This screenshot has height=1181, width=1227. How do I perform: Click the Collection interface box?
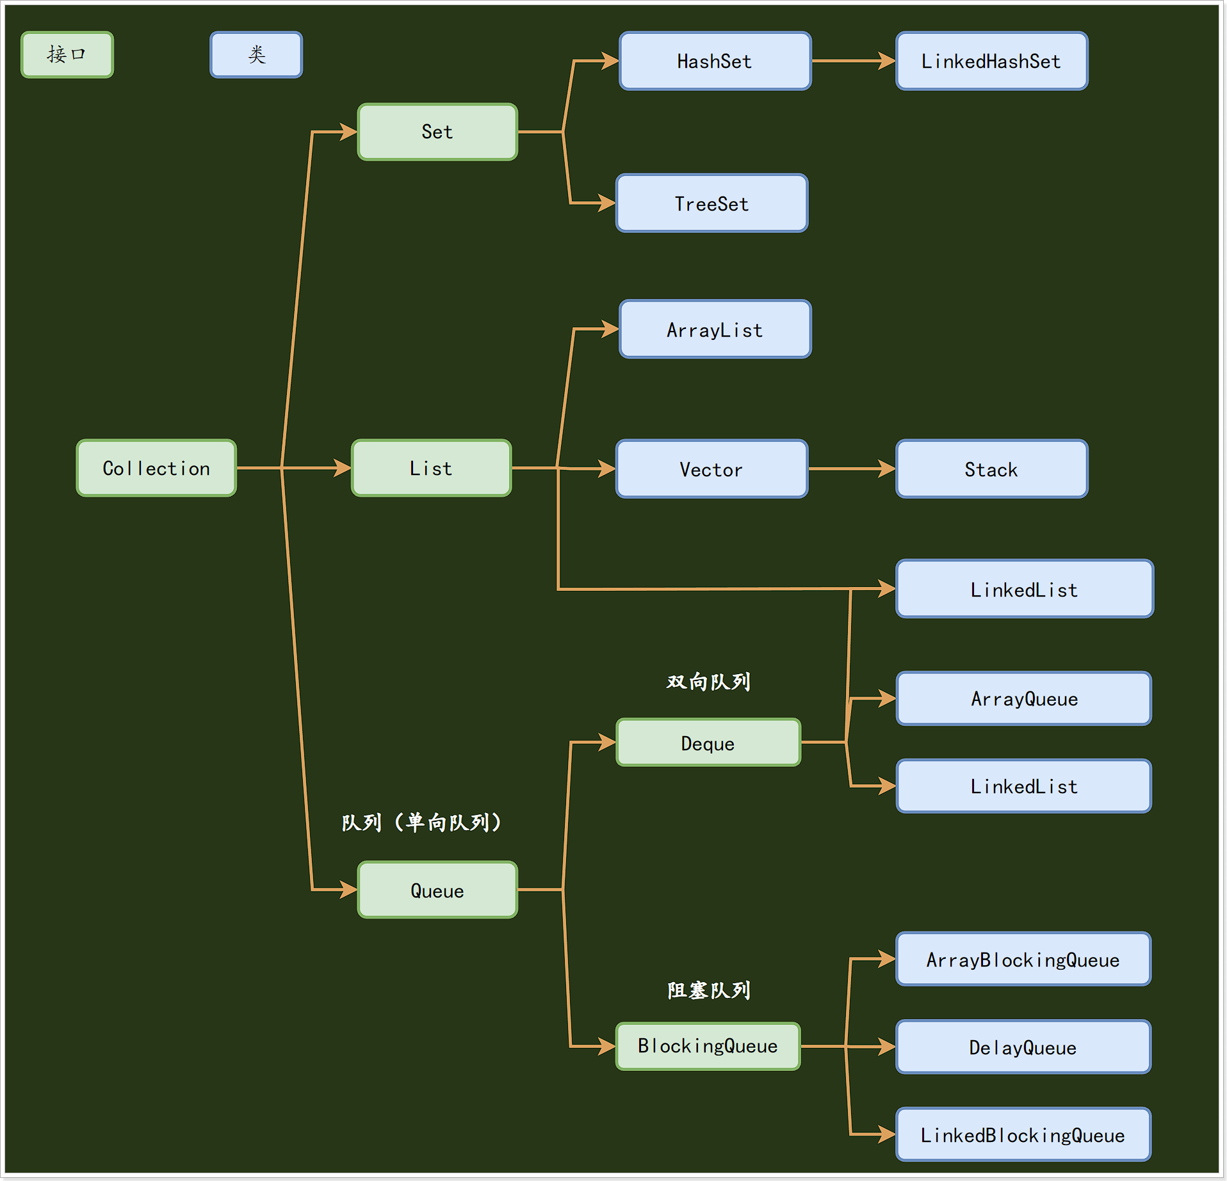pos(156,468)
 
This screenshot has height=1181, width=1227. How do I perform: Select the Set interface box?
pos(437,132)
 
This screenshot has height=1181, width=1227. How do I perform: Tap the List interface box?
pos(431,468)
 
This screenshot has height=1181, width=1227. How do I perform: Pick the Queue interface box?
pos(437,890)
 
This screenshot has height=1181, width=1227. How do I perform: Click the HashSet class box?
pos(715,61)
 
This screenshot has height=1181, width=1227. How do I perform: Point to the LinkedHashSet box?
pos(991,61)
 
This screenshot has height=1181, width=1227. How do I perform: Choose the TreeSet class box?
pos(711,203)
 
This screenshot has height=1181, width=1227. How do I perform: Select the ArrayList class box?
pos(715,329)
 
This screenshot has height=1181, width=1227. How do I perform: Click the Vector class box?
pos(711,469)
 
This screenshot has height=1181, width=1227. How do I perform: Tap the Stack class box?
pos(991,469)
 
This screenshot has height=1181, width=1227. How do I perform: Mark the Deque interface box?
pos(708,743)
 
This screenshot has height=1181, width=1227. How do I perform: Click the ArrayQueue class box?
pos(1023,698)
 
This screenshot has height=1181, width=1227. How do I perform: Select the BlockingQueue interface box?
pos(708,1046)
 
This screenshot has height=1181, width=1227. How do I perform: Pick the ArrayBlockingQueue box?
pos(1023,959)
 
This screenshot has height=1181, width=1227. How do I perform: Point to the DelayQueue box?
pos(1023,1047)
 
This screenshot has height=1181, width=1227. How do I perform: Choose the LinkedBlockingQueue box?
pos(1023,1134)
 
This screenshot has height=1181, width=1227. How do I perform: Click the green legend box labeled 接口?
pos(67,54)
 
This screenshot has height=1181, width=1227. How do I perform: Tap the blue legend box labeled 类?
pos(256,54)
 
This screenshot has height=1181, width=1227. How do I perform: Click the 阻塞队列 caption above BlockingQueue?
pos(708,990)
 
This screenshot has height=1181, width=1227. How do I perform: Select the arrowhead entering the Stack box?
pos(887,469)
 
